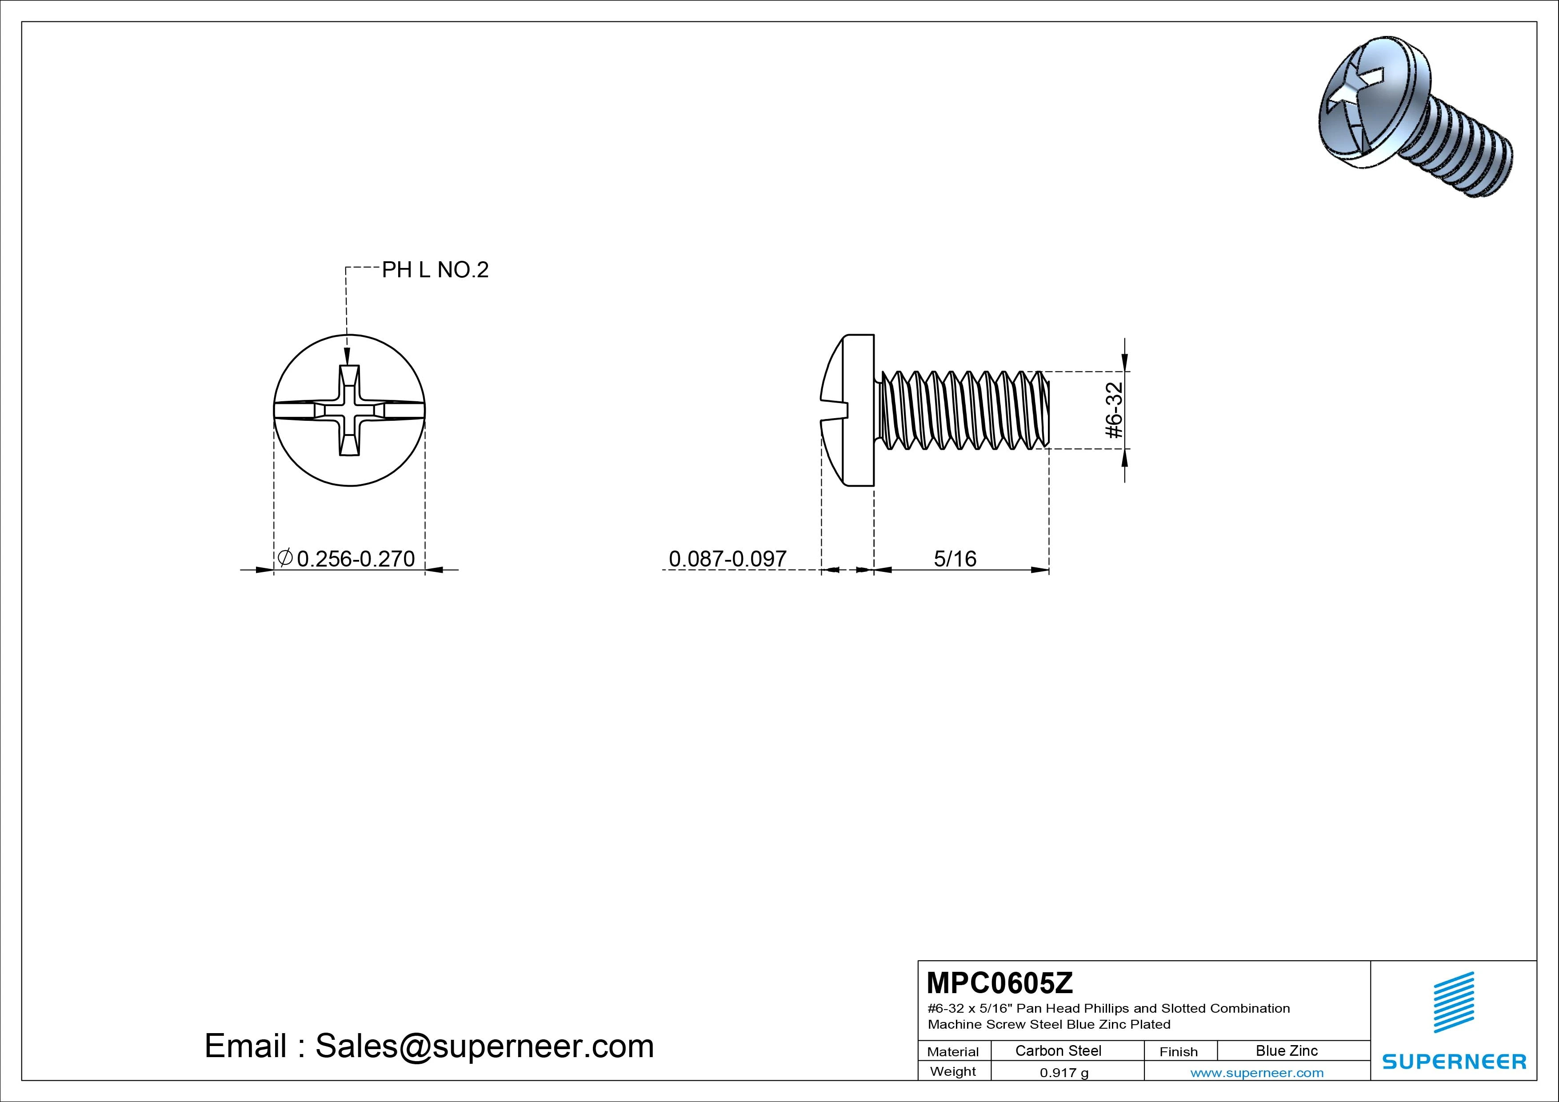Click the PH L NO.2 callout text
tap(435, 270)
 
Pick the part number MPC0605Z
tap(999, 982)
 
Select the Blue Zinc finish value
tap(1287, 1050)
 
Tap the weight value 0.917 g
tap(1064, 1073)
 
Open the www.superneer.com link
tap(1257, 1073)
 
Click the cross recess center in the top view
tap(348, 410)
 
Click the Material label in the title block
tap(953, 1052)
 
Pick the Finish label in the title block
tap(1179, 1052)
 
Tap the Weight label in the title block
tap(953, 1071)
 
